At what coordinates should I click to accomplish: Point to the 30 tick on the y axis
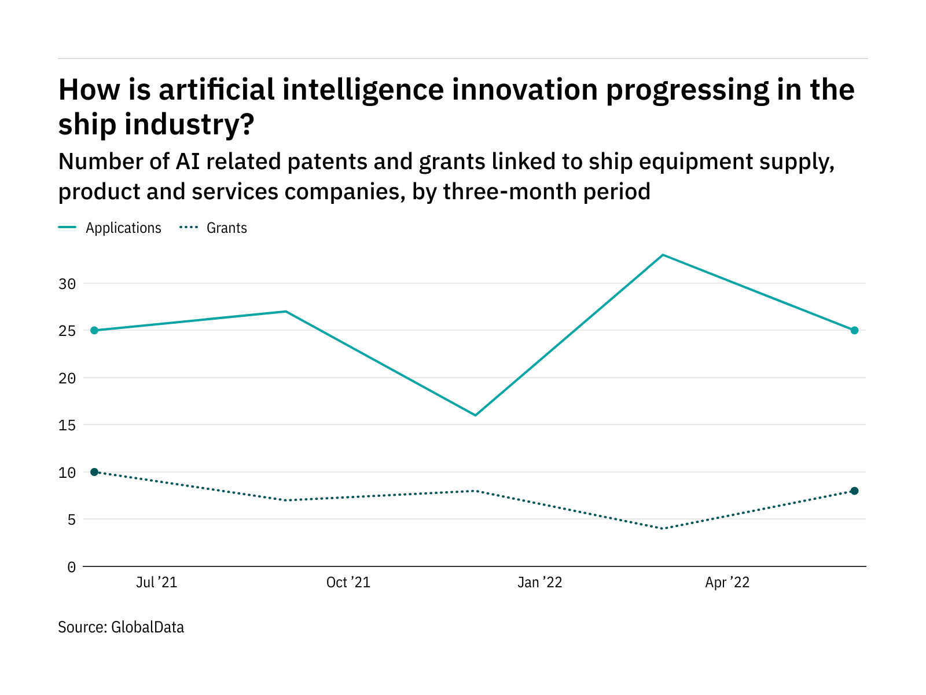[67, 284]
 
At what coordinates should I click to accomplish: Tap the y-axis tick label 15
[67, 425]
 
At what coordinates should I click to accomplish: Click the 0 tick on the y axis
[71, 567]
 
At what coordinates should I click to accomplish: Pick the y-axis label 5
[71, 520]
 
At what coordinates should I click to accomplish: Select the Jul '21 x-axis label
[156, 583]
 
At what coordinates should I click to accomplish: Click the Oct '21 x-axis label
[348, 583]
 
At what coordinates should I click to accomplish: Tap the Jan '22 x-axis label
[539, 583]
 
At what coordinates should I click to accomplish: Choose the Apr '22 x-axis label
[727, 583]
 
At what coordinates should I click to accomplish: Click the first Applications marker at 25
[94, 331]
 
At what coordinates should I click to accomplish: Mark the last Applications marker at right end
[854, 331]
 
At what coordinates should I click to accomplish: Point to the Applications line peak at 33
[663, 255]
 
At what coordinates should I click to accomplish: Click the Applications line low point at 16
[475, 415]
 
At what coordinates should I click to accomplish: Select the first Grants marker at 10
[94, 472]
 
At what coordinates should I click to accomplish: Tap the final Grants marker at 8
[854, 491]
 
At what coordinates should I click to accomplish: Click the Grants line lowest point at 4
[663, 529]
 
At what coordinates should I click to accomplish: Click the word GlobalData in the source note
[148, 627]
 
